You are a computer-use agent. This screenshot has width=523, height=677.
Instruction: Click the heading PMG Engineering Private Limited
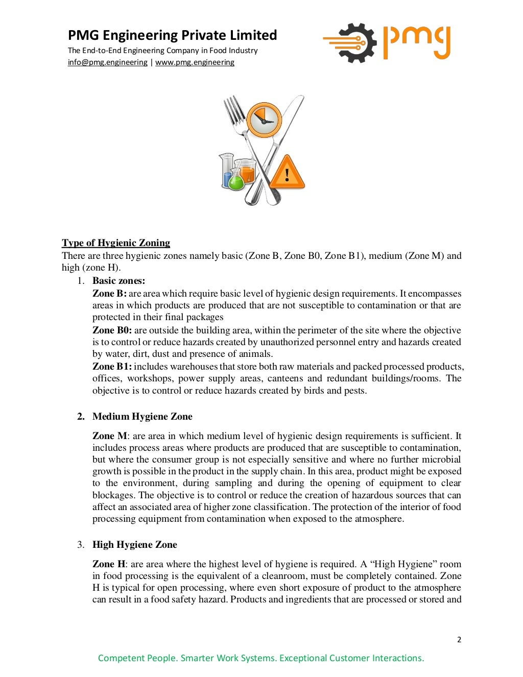coord(172,35)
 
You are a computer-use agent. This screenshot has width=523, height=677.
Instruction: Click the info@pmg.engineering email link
coord(107,62)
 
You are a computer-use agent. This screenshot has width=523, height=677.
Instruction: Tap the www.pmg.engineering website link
coord(195,62)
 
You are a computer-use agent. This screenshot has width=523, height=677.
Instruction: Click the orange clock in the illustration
coord(264,120)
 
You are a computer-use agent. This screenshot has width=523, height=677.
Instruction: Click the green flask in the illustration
coord(236,180)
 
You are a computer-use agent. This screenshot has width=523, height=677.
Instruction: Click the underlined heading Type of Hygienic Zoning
coord(116,243)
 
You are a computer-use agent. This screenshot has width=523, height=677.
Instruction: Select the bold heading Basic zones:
coord(118,281)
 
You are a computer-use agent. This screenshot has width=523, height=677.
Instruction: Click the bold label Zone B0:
coord(112,330)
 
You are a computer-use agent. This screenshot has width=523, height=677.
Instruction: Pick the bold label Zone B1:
coord(112,367)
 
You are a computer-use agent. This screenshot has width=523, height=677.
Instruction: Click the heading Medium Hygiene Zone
coord(142,417)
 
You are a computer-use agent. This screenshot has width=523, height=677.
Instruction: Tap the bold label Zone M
coord(110,436)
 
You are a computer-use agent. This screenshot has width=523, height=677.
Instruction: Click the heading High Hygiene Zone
coord(134,545)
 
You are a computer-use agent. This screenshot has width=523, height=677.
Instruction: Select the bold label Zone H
coord(109,564)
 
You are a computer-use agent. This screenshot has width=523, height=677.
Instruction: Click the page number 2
coord(459,640)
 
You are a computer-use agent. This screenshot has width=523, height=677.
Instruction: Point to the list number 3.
coord(81,545)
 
